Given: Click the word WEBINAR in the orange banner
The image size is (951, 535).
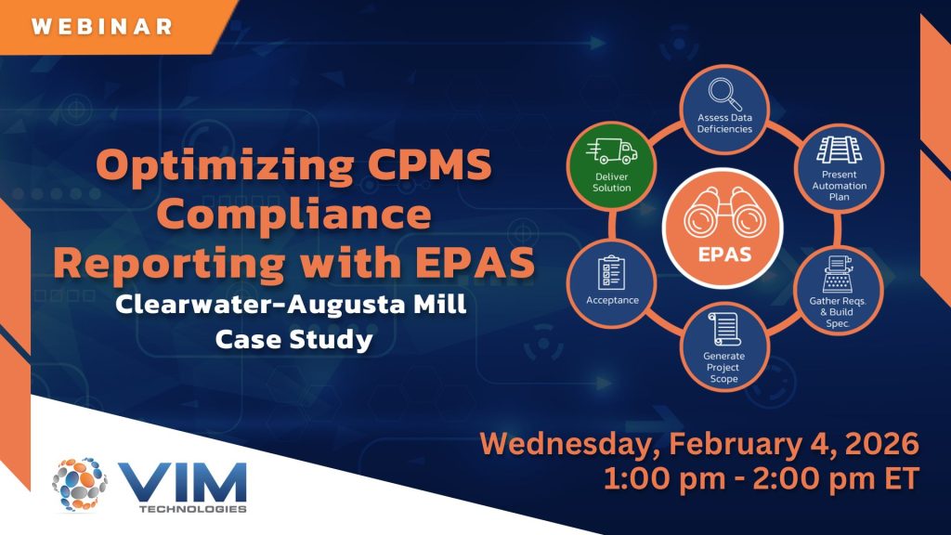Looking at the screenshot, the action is point(102,26).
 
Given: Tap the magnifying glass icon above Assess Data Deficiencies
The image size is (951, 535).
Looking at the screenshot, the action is point(724,95).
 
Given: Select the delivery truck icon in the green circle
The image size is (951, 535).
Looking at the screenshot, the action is point(611,151).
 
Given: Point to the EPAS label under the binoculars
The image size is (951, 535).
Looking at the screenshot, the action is point(724,254).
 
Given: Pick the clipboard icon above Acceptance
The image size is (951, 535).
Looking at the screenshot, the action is point(611,273).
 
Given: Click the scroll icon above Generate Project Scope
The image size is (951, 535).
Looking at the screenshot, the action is point(724,330).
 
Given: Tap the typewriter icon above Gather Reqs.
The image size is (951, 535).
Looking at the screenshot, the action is point(838,274).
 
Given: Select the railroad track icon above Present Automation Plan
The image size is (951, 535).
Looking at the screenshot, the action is point(839,150).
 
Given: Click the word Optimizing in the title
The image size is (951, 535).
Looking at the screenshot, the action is point(225,165).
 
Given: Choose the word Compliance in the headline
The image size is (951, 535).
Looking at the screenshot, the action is point(297,214).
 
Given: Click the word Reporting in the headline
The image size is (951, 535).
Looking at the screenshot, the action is point(169,264).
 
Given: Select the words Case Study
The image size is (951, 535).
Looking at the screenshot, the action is point(293,339).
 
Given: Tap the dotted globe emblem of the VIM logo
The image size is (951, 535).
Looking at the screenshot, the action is point(80,484).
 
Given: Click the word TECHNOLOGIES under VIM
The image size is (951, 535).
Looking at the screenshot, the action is point(193,509).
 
